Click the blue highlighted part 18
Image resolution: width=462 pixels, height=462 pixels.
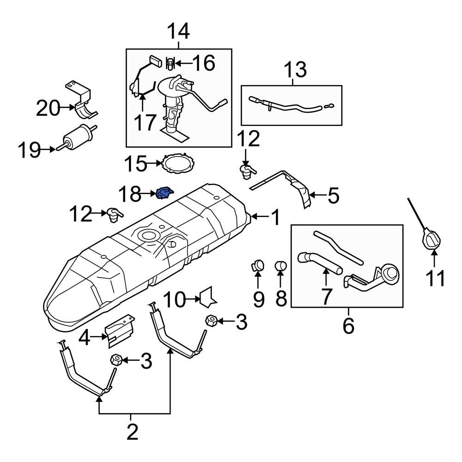165,194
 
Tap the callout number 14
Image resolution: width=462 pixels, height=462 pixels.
178,32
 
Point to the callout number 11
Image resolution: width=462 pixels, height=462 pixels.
436,279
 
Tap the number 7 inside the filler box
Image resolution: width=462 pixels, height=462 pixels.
326,296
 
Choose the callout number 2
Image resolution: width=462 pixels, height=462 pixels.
133,432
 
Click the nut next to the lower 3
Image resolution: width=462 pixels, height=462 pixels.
115,360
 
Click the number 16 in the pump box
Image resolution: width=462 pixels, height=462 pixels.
204,63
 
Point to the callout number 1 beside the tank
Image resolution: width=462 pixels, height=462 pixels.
275,217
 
